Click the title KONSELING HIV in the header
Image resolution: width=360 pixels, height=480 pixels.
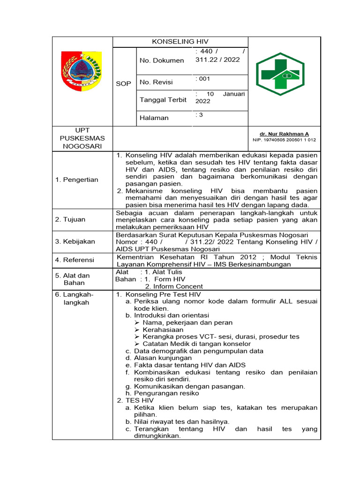click(x=180, y=42)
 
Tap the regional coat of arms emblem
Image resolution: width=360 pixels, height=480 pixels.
click(x=82, y=71)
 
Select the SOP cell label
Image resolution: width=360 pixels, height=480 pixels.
click(x=123, y=83)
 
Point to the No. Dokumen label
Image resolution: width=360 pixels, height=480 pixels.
click(x=162, y=60)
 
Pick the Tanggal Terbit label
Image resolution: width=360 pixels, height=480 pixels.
click(x=163, y=99)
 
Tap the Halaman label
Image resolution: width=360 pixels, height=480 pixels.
click(x=154, y=118)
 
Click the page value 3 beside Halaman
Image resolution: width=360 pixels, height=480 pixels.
click(x=200, y=115)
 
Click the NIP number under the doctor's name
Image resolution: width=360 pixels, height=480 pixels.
click(x=284, y=140)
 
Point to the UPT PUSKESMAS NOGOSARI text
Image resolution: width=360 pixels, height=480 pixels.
click(x=82, y=138)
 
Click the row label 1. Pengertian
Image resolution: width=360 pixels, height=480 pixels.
click(x=76, y=180)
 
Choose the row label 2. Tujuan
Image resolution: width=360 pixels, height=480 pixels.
click(x=70, y=219)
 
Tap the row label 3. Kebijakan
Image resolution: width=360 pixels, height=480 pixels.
click(x=75, y=241)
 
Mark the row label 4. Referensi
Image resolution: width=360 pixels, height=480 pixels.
click(x=75, y=260)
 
